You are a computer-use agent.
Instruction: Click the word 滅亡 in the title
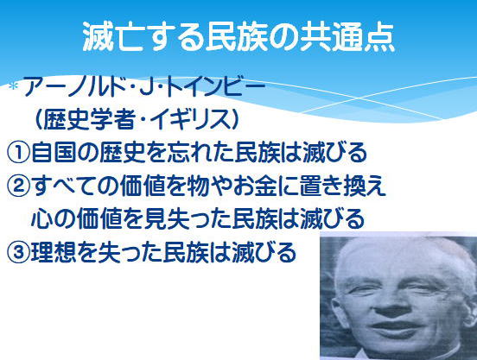tap(113, 36)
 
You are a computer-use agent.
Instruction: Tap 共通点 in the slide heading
tap(347, 36)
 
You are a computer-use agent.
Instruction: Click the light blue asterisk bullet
tap(13, 87)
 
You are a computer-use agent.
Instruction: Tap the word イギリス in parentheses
tap(188, 119)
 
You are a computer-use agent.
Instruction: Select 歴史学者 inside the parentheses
tap(88, 119)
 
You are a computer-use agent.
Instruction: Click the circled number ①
tap(18, 152)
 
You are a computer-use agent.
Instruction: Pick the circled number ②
tap(18, 186)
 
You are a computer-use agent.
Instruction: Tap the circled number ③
tap(18, 252)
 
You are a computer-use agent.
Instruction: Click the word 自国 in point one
tap(53, 152)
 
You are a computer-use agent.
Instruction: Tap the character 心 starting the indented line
tap(42, 218)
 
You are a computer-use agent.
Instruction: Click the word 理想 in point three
tap(53, 252)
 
